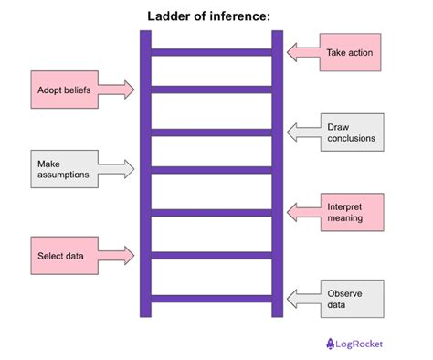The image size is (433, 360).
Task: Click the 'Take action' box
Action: pos(349,53)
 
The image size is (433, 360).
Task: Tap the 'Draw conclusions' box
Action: pos(349,132)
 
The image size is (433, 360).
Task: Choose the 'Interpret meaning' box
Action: pos(349,212)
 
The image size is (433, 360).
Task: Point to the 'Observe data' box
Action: pos(349,299)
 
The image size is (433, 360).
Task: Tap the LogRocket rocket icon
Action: pos(331,344)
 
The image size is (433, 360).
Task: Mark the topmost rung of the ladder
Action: pos(212,52)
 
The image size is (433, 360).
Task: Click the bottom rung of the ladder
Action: pos(212,298)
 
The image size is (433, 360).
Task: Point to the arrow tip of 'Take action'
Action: pos(289,53)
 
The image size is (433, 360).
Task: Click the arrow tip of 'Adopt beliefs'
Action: pos(133,90)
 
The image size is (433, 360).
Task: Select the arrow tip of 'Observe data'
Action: pos(289,299)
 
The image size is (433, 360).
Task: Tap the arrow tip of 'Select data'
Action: pos(133,255)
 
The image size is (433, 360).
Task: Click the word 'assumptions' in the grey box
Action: pos(63,175)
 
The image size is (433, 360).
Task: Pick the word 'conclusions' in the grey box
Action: pos(352,139)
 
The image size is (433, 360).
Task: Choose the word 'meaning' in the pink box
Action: pos(345,218)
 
